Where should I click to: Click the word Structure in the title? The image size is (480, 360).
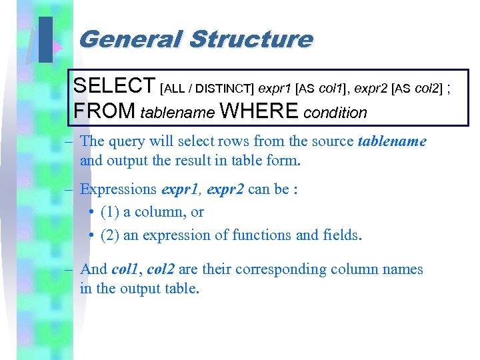click(251, 39)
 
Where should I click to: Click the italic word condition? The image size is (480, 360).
click(335, 113)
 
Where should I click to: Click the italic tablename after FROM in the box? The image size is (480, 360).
click(178, 113)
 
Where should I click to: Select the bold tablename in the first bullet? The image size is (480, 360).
click(392, 141)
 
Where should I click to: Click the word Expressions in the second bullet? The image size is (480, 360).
click(118, 189)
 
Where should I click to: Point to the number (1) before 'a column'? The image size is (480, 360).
click(110, 212)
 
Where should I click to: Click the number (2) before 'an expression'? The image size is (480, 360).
click(110, 235)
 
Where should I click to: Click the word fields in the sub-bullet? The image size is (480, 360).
click(343, 235)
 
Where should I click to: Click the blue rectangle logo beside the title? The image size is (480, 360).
click(45, 39)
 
